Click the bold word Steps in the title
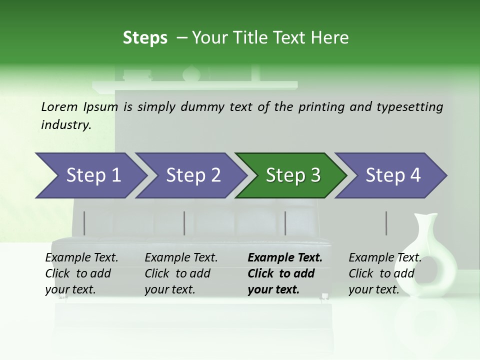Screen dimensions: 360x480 click(145, 38)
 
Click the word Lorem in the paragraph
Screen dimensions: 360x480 click(59, 106)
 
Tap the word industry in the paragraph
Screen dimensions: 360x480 click(65, 125)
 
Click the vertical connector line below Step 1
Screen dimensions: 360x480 click(84, 223)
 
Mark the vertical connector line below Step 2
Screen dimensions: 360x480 click(184, 223)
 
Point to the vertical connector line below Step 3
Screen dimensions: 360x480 click(285, 223)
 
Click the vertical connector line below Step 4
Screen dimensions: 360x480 click(386, 223)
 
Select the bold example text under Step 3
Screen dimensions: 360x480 click(284, 273)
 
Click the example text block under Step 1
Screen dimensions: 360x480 click(81, 273)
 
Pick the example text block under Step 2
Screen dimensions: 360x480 click(181, 273)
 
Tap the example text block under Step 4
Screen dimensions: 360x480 click(384, 273)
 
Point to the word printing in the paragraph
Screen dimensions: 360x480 click(320, 107)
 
